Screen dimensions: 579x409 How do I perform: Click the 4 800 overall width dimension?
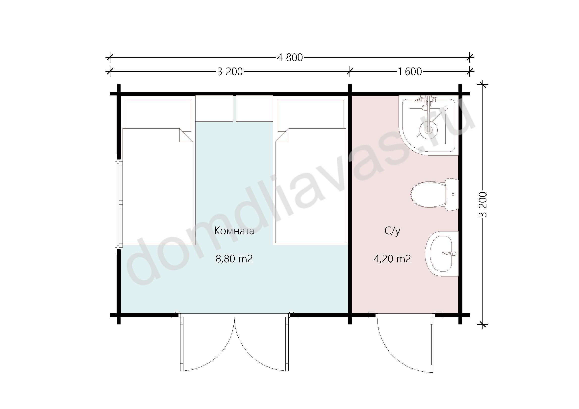290,58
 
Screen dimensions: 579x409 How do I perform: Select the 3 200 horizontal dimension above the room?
230,72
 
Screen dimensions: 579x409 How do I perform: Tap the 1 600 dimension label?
410,72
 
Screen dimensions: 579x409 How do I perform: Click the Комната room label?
234,231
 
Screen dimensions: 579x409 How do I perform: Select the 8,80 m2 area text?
234,259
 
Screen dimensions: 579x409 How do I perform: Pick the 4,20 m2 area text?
392,259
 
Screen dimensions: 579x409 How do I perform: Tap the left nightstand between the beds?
214,109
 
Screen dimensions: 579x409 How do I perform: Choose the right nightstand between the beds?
254,109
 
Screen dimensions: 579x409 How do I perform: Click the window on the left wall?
119,204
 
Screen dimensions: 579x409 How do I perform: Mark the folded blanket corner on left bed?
186,135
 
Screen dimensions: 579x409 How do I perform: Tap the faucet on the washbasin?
449,254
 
